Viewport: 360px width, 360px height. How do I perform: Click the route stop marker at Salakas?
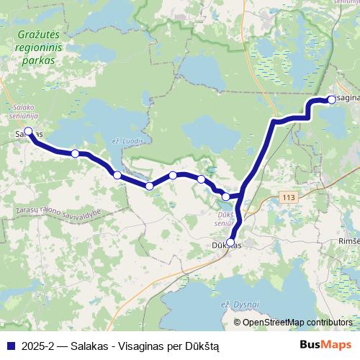29,132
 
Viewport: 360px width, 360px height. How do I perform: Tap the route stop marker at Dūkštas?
230,243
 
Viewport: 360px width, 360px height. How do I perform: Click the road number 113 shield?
289,196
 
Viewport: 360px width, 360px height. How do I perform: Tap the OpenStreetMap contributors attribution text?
297,323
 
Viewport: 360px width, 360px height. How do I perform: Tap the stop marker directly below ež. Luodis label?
117,175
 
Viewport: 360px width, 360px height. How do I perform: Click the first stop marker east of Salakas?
75,153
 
